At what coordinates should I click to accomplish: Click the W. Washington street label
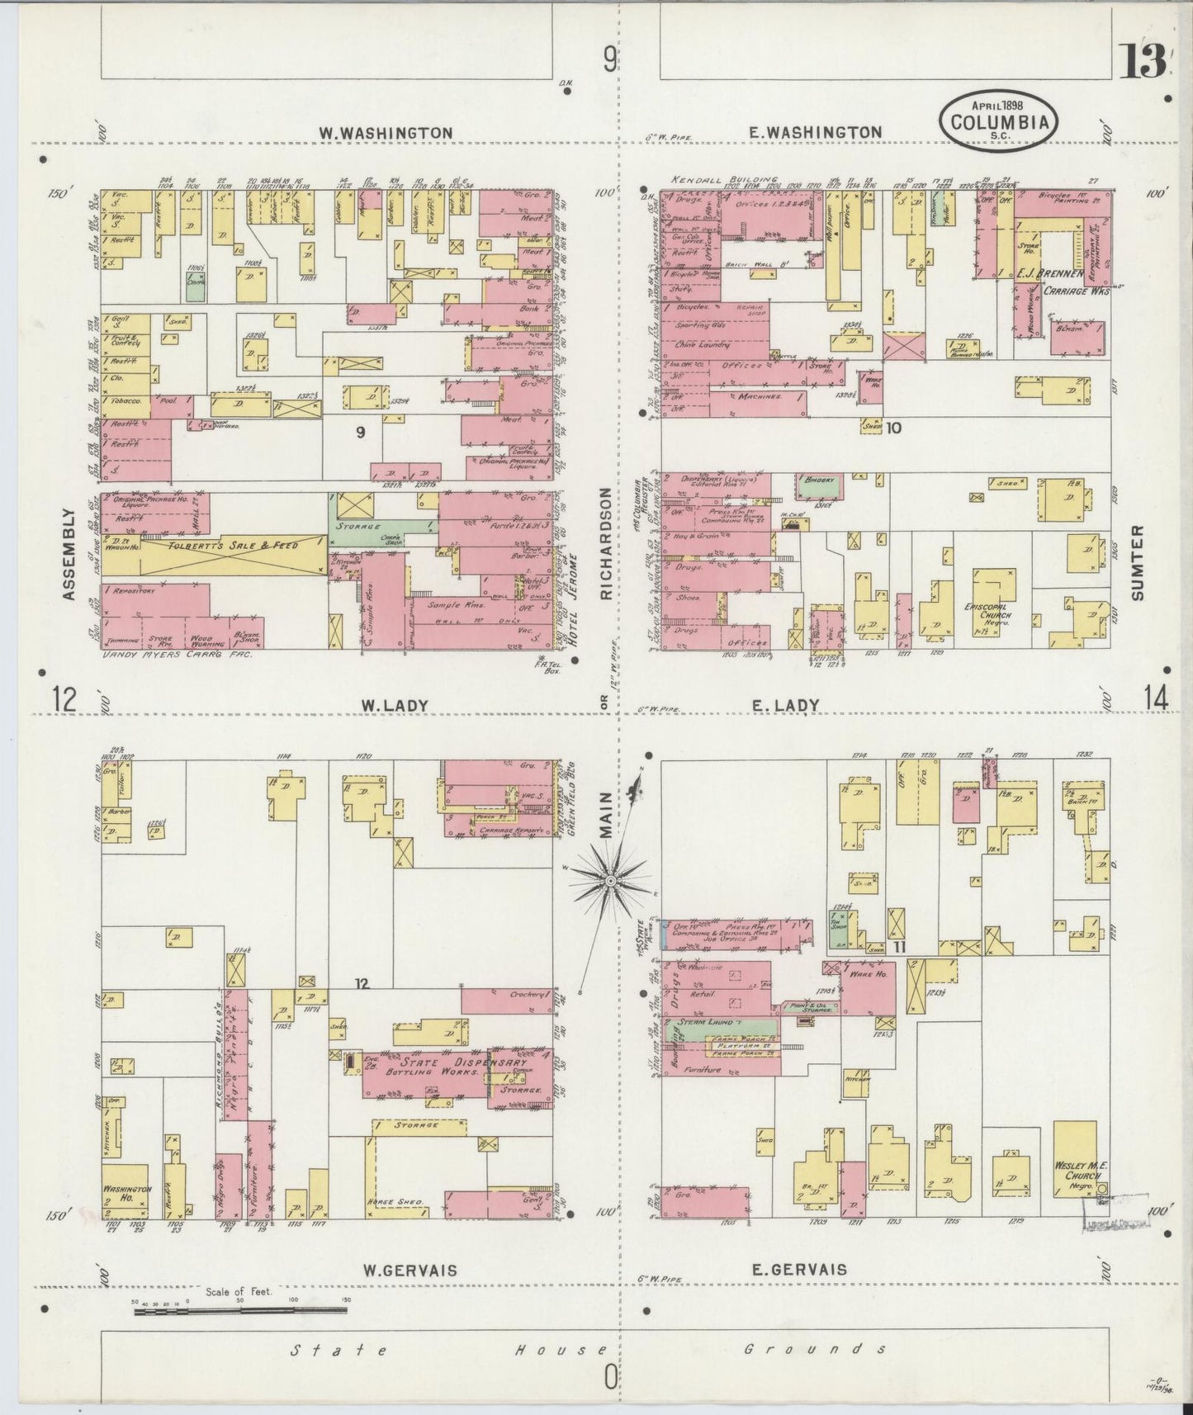click(386, 132)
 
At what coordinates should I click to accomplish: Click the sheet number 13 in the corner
click(1143, 61)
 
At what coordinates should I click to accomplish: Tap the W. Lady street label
click(395, 705)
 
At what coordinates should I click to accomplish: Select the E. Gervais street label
click(798, 1270)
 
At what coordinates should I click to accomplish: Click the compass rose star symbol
click(609, 882)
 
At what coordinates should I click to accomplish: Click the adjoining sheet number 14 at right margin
click(1155, 698)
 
